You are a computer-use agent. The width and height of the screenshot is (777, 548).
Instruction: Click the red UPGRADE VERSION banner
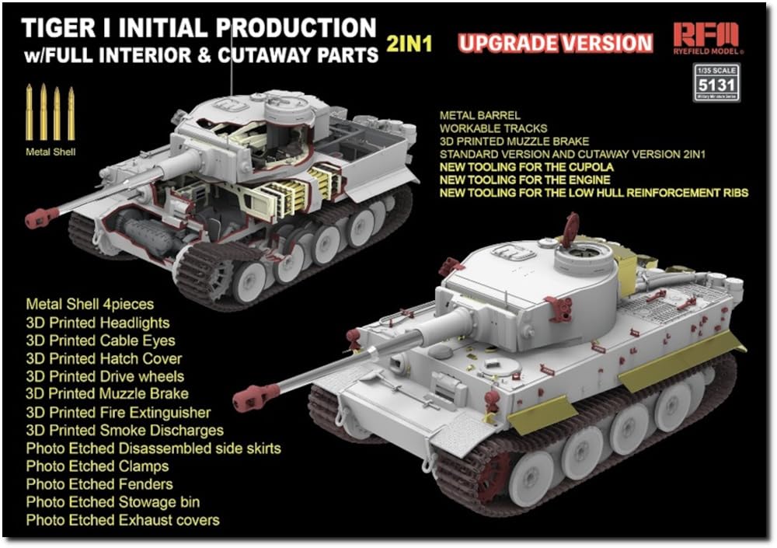pos(555,43)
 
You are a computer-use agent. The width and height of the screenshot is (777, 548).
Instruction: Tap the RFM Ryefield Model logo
pos(708,40)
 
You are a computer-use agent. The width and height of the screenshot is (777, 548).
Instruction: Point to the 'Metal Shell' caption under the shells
pos(51,152)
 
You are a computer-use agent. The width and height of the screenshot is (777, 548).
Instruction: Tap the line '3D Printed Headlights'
pos(97,323)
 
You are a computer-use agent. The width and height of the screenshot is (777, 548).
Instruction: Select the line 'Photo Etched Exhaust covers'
pos(123,520)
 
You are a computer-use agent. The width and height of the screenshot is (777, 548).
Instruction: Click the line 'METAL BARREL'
pos(479,115)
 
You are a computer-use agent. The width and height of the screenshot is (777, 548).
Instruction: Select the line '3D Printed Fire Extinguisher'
pos(118,412)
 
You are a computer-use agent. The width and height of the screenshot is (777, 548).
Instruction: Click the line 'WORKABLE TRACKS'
pos(493,128)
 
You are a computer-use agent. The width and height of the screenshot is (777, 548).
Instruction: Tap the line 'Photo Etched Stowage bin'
pos(113,502)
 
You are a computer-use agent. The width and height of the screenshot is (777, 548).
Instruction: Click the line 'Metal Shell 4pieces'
pos(90,305)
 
